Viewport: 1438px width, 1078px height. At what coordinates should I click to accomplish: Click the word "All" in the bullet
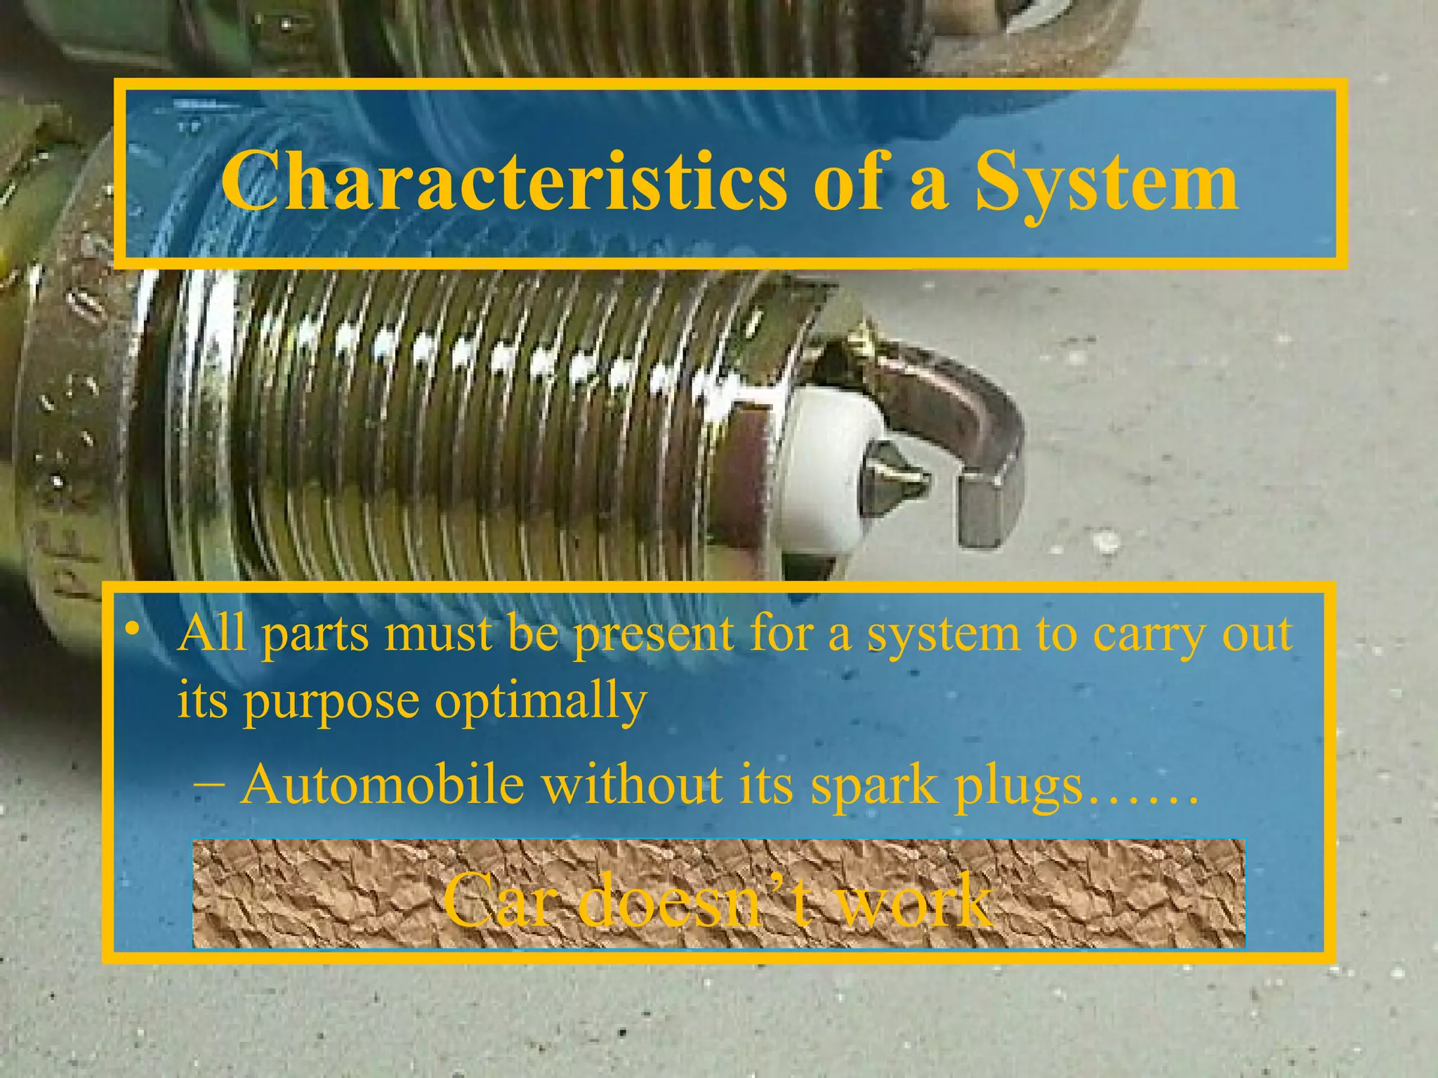pos(212,633)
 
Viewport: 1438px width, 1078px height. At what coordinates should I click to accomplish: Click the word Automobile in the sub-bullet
pos(383,785)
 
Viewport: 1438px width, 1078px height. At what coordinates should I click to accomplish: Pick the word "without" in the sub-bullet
pos(633,785)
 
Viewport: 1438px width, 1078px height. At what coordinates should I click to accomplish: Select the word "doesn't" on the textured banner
pos(692,900)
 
